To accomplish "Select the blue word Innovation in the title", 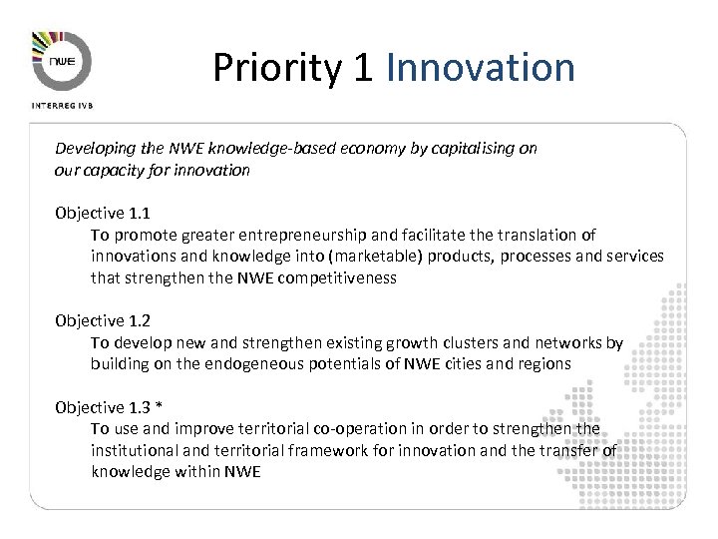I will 480,68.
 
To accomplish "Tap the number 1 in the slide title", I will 363,68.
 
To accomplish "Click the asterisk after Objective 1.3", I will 159,407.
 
